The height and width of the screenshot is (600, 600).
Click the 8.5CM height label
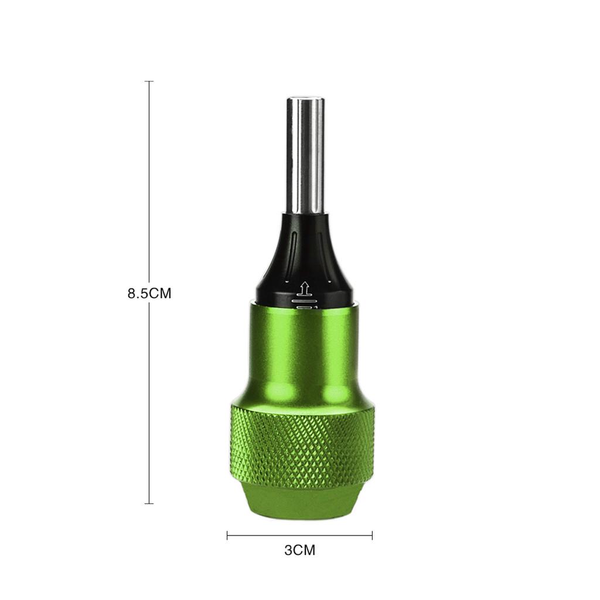pos(149,293)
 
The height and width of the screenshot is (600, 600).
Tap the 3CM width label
pos(299,550)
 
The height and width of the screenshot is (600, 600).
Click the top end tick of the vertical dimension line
pos(149,81)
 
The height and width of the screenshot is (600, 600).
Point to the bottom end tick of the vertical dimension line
pos(149,503)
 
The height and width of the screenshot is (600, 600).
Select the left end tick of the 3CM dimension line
pos(227,536)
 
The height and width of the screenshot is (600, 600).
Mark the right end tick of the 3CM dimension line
pos(372,536)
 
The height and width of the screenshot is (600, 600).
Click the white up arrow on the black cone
pos(305,289)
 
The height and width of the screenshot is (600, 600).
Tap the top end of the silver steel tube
pos(305,99)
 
